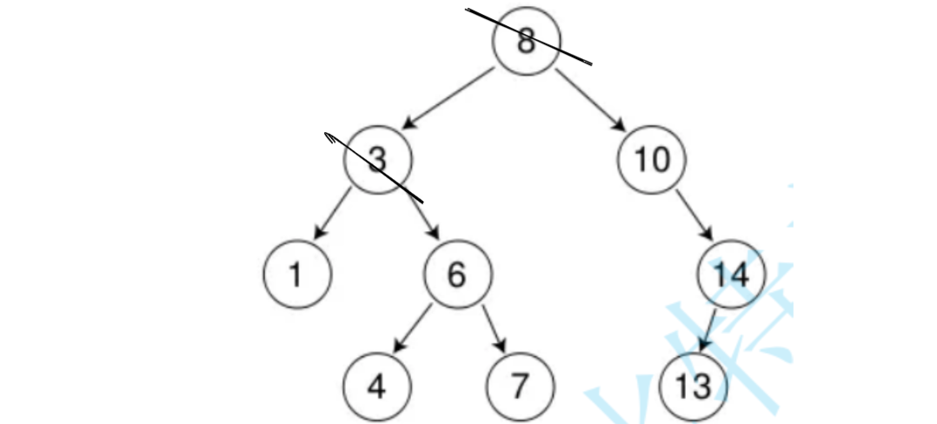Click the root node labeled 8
point(527,42)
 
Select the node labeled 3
point(377,161)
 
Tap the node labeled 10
point(652,161)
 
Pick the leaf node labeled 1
point(296,275)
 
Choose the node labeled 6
point(458,275)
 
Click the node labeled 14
point(732,275)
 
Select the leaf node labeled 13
point(694,386)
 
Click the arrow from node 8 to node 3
point(452,99)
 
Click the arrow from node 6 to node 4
point(412,328)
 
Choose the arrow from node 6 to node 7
point(495,328)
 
